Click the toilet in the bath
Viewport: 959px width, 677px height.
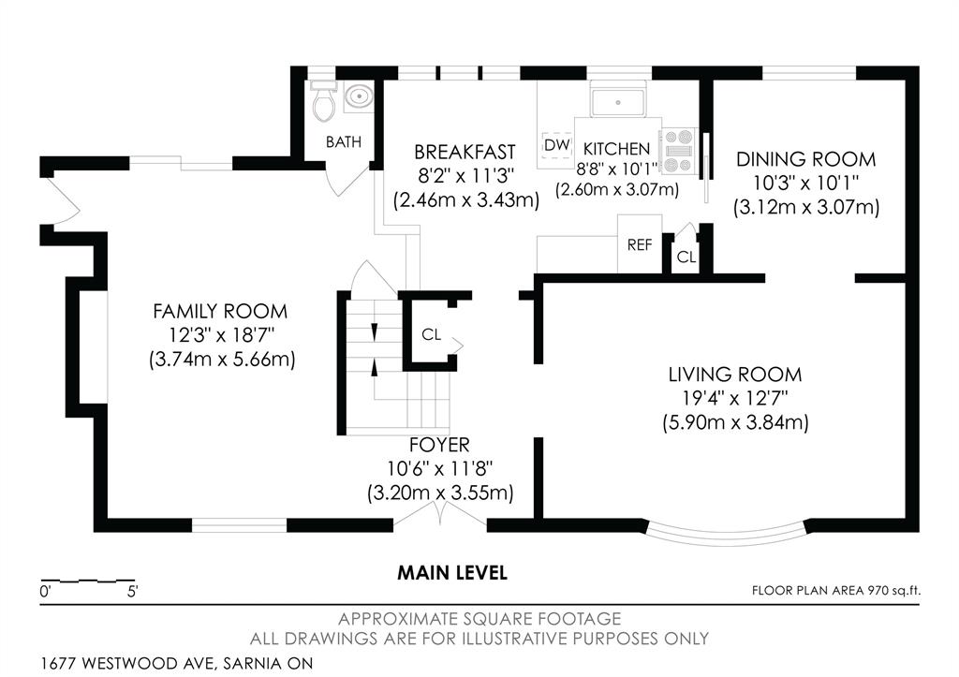[x=323, y=101]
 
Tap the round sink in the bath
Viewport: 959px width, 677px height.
[x=359, y=96]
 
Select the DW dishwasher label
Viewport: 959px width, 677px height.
[x=556, y=145]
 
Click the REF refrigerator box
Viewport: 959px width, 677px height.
[x=640, y=244]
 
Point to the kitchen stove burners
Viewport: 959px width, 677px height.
[x=678, y=151]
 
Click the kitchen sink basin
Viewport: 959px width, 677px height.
[x=618, y=102]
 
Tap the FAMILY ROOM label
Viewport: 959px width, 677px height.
[x=220, y=311]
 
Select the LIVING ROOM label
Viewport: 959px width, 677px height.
[x=734, y=375]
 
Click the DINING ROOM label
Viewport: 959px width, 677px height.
[x=805, y=159]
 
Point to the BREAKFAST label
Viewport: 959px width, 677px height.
[x=465, y=152]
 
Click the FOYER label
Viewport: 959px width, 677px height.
[x=439, y=445]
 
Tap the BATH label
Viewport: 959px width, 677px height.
[x=343, y=142]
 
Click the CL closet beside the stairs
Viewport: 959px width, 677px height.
[x=431, y=334]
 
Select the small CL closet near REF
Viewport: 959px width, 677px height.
[x=686, y=257]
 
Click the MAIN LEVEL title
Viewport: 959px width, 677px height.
[x=452, y=573]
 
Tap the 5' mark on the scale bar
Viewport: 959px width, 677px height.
[x=133, y=592]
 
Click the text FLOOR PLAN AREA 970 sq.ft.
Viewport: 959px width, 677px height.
[x=836, y=590]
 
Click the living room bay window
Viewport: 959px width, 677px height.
[x=729, y=534]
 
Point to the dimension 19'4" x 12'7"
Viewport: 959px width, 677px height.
[x=734, y=398]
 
